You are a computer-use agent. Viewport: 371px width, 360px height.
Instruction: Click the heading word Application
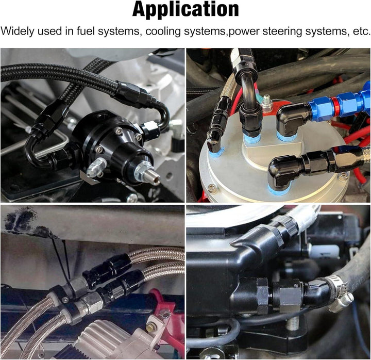pos(185,10)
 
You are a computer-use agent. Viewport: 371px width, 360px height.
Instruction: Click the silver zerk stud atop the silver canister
pos(267,104)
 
